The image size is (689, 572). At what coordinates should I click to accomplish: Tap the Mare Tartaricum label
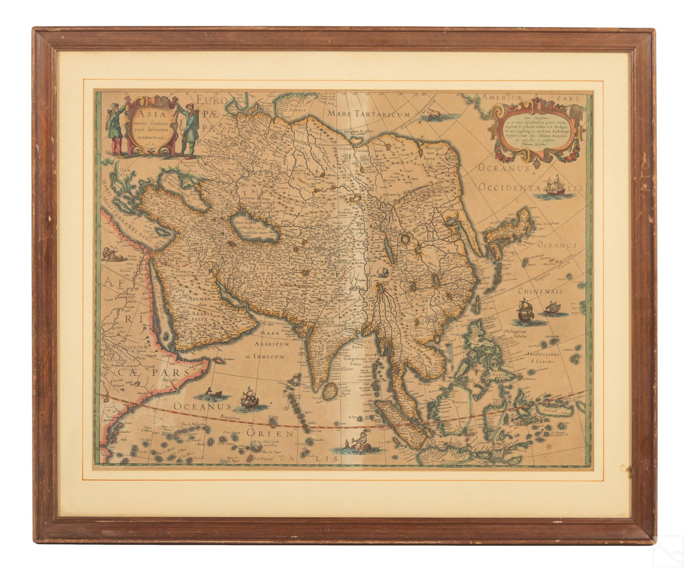click(373, 114)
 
